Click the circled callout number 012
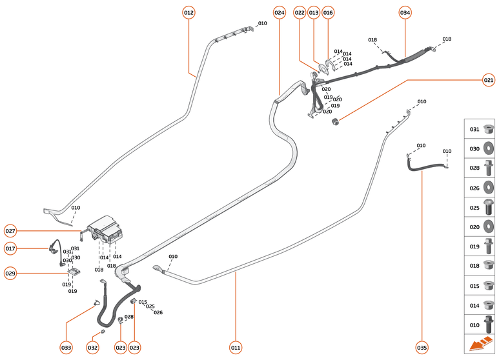[x=188, y=12]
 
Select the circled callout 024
[x=279, y=12]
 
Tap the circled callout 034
[x=405, y=12]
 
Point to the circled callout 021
[x=489, y=81]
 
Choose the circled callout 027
[x=10, y=231]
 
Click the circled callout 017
[x=10, y=248]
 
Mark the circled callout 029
[x=10, y=273]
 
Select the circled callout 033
[x=66, y=348]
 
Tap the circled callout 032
[x=92, y=348]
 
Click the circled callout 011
[x=236, y=348]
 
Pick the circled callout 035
[x=422, y=348]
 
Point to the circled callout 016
[x=328, y=12]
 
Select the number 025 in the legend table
[x=474, y=208]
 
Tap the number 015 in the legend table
[x=474, y=286]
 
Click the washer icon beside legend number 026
[x=489, y=188]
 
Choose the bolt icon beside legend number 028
[x=489, y=168]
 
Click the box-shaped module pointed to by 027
[x=108, y=230]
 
